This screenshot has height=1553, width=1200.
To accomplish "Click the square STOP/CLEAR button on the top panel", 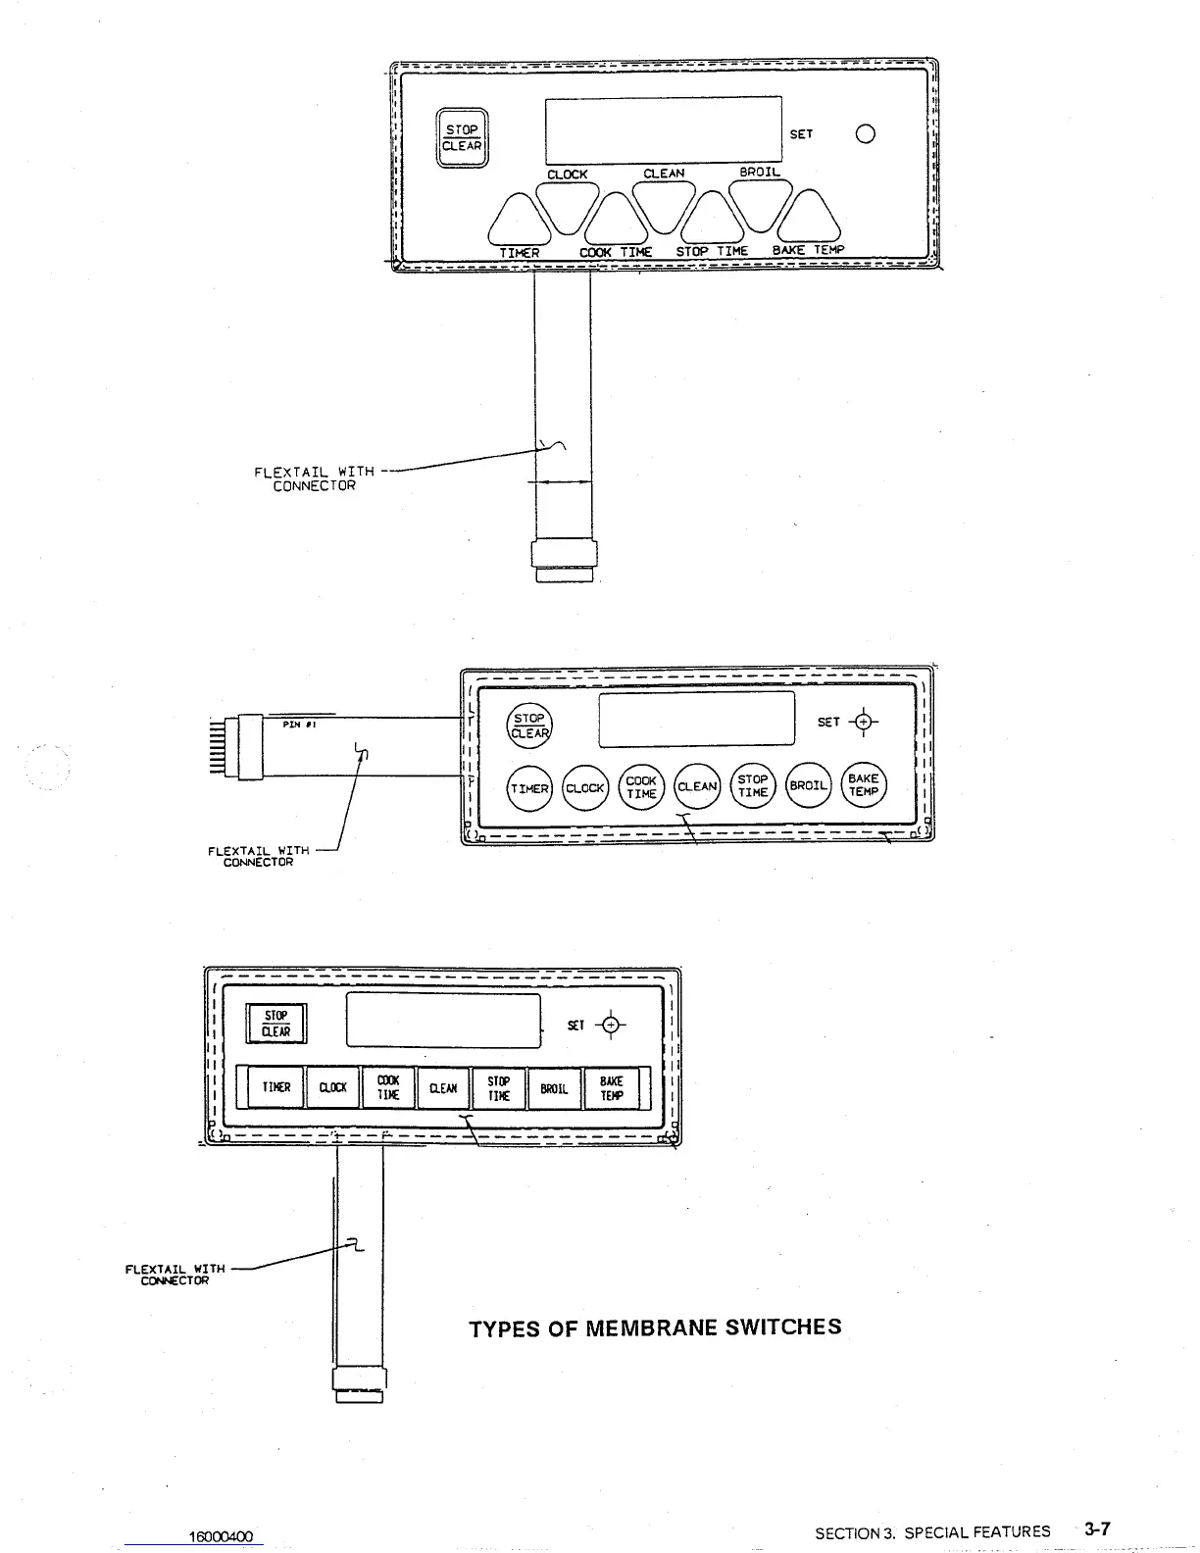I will [461, 138].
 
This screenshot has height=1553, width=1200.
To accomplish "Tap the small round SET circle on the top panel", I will [865, 134].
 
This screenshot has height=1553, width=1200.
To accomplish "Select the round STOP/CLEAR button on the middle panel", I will [529, 726].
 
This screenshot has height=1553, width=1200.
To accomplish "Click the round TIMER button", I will [529, 787].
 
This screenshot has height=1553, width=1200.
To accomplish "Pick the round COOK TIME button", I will [641, 787].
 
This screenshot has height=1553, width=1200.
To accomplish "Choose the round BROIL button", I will [809, 786].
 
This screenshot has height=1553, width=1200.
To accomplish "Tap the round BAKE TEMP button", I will [864, 785].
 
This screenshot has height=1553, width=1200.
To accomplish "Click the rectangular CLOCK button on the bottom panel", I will [333, 1087].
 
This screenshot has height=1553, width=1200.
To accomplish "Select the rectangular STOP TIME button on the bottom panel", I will [499, 1087].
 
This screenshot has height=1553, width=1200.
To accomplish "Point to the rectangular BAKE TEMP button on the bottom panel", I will [612, 1087].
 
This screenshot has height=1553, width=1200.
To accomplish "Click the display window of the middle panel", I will [697, 719].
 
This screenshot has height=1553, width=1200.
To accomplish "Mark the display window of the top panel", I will [664, 130].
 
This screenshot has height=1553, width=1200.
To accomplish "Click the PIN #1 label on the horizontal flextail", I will [297, 725].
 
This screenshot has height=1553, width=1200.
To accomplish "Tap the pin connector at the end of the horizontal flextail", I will [236, 747].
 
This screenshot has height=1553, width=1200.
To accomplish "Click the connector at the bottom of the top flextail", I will [564, 560].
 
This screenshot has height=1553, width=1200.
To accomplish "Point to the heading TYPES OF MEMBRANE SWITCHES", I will [655, 1328].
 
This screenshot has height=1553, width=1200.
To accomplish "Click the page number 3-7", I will [1096, 1528].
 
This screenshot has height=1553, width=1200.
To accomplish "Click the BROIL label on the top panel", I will [760, 173].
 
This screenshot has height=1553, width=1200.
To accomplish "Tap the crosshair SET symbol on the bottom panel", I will [612, 1025].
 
